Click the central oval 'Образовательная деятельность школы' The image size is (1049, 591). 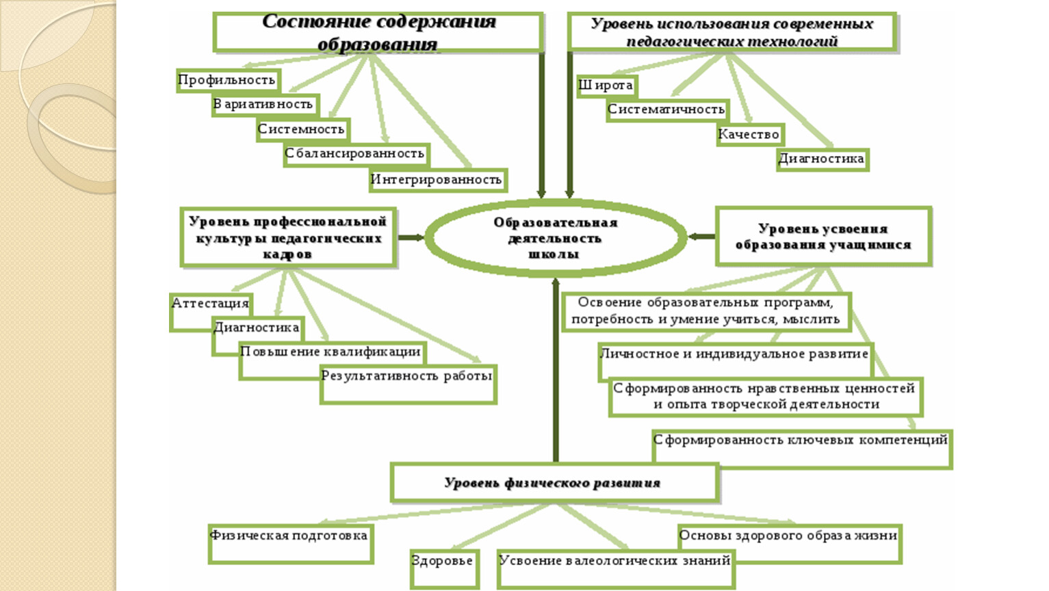[x=556, y=237]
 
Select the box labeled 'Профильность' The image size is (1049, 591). [x=228, y=81]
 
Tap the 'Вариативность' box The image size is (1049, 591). [x=265, y=105]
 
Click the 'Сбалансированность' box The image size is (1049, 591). [x=357, y=155]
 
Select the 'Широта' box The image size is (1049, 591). [x=607, y=86]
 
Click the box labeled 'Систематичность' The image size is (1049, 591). [x=667, y=111]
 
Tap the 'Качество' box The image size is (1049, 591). [x=750, y=135]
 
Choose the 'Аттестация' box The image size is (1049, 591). [x=211, y=313]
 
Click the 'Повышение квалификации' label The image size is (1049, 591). [x=331, y=352]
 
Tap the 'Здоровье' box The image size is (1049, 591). [x=444, y=569]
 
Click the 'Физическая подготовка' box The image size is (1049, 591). [x=291, y=544]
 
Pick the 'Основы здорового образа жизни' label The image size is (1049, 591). [x=788, y=536]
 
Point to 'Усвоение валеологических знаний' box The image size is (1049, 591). [x=616, y=569]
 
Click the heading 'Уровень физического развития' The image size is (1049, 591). [x=553, y=483]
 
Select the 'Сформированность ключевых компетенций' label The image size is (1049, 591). [x=801, y=441]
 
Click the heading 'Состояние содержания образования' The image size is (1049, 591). [x=378, y=33]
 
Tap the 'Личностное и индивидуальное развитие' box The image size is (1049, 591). [x=736, y=362]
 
